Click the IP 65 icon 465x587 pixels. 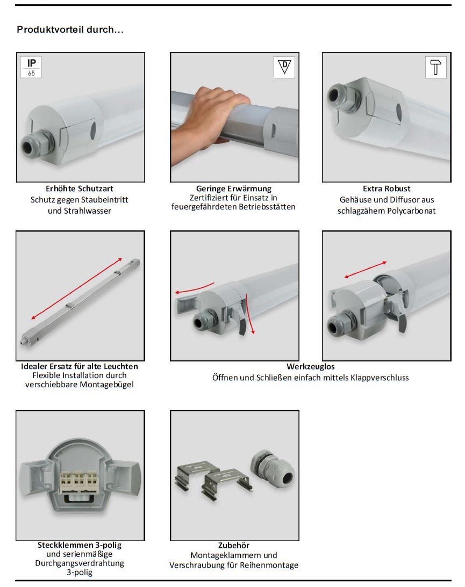tap(31, 67)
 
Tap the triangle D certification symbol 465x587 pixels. tap(284, 67)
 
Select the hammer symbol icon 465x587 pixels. tap(436, 67)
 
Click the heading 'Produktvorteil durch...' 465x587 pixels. tap(70, 30)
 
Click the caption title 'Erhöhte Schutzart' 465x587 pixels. tap(80, 189)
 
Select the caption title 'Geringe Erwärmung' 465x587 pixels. tap(234, 189)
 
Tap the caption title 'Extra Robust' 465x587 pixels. tap(387, 189)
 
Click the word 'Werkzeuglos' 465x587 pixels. tap(311, 367)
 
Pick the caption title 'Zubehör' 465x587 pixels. tap(234, 546)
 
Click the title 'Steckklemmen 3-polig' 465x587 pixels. tap(80, 545)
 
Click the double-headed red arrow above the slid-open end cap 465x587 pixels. tap(366, 270)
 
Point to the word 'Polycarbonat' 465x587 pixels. tap(411, 211)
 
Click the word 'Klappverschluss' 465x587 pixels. tap(380, 378)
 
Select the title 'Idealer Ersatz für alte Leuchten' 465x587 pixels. tap(80, 366)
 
